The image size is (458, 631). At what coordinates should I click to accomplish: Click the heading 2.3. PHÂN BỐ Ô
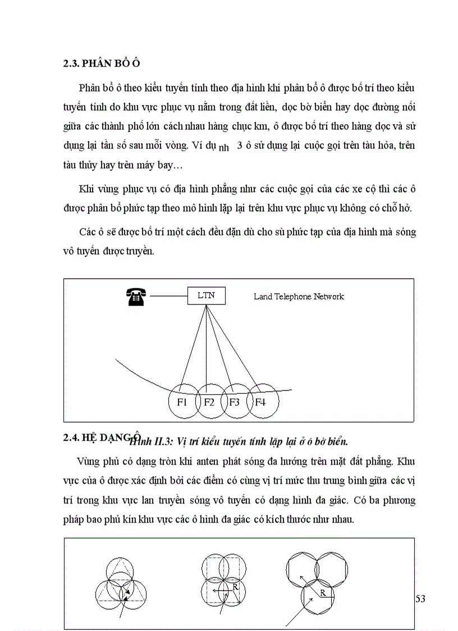tap(101, 63)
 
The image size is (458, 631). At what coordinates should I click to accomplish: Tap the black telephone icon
tap(136, 296)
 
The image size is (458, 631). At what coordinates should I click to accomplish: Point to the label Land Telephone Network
tap(299, 296)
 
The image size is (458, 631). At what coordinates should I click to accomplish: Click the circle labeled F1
tap(182, 402)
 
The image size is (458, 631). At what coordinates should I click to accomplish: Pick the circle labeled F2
tap(209, 402)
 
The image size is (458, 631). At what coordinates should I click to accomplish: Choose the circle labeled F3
tap(235, 402)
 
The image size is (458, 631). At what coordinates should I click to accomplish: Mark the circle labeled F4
tap(261, 402)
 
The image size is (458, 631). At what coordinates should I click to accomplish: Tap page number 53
tap(420, 598)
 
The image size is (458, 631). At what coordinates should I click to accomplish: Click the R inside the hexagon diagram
tap(323, 592)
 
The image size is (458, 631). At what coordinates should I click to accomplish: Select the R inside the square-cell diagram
tap(235, 586)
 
